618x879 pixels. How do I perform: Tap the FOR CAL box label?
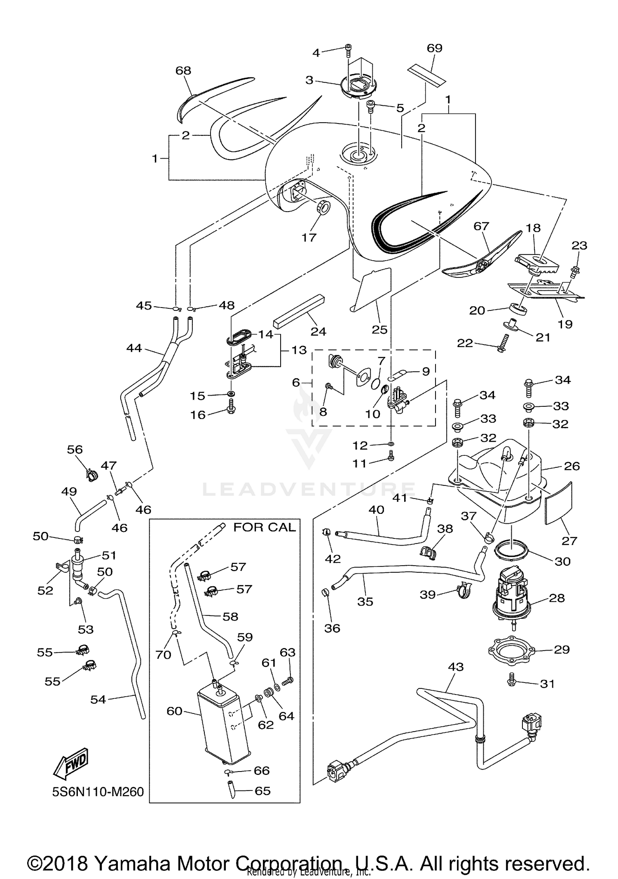click(265, 527)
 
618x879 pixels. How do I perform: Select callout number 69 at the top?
click(434, 49)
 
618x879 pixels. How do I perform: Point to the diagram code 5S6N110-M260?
click(98, 792)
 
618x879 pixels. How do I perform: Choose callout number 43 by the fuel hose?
click(456, 667)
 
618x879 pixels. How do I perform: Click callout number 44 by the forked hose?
click(134, 348)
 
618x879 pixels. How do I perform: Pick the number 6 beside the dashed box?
click(295, 382)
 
